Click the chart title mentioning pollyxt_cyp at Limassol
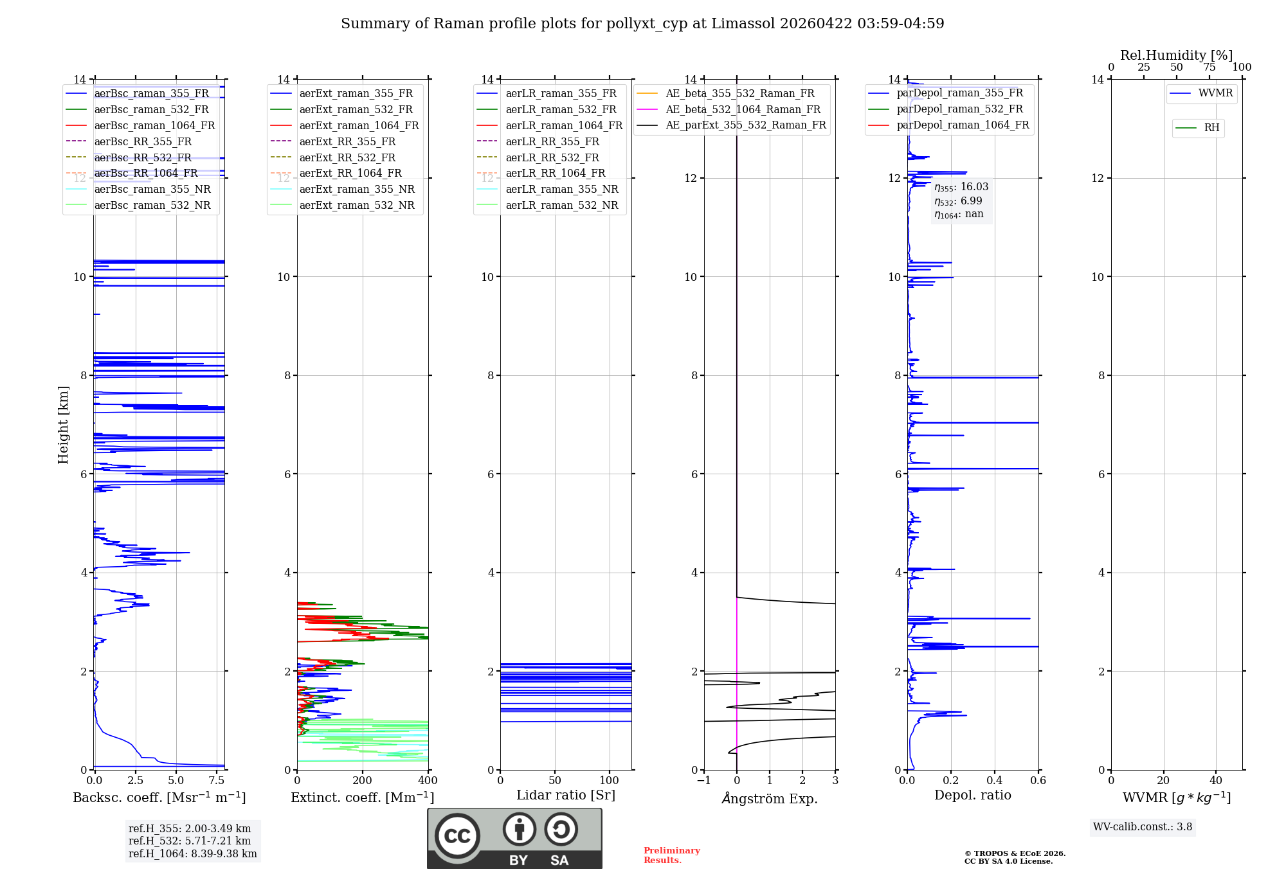(x=642, y=24)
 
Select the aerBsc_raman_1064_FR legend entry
(x=154, y=125)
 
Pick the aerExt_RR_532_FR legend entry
(x=347, y=157)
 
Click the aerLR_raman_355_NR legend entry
(x=561, y=189)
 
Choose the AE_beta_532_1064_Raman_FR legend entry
(x=743, y=109)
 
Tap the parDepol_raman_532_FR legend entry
(x=959, y=109)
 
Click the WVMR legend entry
(x=1215, y=93)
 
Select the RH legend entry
(x=1211, y=128)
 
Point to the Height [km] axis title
(x=63, y=424)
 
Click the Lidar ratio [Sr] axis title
(x=566, y=795)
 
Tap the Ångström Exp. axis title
(x=770, y=799)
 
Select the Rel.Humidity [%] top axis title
(x=1176, y=55)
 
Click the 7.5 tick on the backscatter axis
(x=217, y=781)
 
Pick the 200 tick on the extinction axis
(x=363, y=781)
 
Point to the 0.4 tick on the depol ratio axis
(x=995, y=781)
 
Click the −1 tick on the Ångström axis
(x=704, y=781)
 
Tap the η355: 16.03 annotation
(x=961, y=187)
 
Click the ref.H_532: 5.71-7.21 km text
(x=190, y=841)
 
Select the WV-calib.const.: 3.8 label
(x=1143, y=827)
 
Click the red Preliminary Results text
(x=671, y=855)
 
